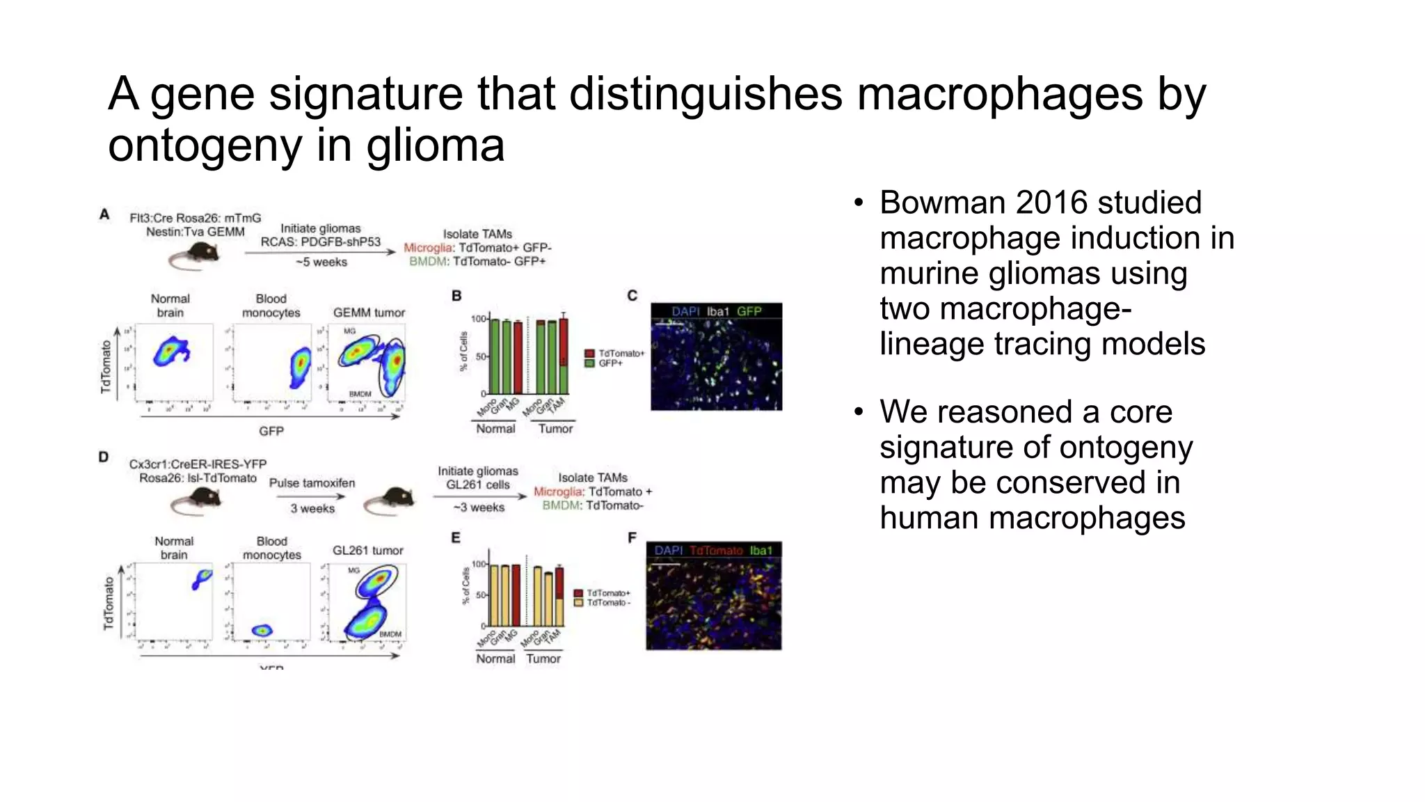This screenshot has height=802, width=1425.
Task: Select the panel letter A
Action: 104,214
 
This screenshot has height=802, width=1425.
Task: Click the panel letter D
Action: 104,457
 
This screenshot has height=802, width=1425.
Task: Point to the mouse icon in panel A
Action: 194,257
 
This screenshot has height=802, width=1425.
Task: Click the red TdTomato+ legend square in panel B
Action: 589,354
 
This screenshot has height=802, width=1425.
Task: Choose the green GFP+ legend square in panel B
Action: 589,363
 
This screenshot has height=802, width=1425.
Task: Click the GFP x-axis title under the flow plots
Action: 271,431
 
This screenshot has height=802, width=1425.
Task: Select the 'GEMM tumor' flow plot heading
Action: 369,313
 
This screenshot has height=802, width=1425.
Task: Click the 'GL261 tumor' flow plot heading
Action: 367,551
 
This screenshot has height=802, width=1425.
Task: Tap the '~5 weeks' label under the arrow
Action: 321,262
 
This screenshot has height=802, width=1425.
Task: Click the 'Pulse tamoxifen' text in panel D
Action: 312,483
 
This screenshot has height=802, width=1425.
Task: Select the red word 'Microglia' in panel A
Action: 428,248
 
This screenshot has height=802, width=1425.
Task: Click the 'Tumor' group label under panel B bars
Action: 555,429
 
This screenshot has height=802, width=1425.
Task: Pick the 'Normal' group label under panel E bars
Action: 495,659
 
